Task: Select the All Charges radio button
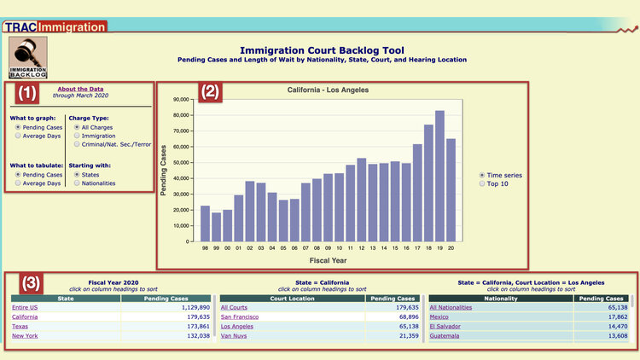78,126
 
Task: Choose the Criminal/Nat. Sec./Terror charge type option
78,145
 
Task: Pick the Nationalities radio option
78,183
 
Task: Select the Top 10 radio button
482,183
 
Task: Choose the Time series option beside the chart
482,175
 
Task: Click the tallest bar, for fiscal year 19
439,175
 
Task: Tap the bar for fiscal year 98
205,223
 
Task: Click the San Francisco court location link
241,316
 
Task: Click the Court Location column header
292,299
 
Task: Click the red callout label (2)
211,91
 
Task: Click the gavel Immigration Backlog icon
27,58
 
